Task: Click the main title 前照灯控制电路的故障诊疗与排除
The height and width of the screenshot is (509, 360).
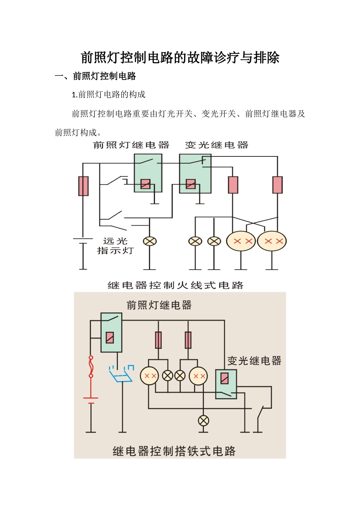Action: pos(180,58)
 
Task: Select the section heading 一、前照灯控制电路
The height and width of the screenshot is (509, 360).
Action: pos(95,76)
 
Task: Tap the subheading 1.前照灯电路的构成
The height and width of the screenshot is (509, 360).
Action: pos(108,94)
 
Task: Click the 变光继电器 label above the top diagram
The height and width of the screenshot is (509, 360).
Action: pos(216,145)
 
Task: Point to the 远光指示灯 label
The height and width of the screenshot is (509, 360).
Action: pos(115,246)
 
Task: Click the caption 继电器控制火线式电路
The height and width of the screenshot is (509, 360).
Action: pos(175,285)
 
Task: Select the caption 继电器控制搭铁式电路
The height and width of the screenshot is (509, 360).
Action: pos(174,451)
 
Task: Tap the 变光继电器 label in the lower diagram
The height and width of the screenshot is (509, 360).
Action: pos(254,361)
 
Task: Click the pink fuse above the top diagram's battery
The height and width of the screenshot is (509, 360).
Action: pos(83,186)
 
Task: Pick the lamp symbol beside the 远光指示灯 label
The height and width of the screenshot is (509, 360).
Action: pos(150,241)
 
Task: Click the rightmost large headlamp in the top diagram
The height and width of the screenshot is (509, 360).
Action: pos(272,241)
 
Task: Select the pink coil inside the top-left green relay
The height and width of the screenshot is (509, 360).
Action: pos(146,184)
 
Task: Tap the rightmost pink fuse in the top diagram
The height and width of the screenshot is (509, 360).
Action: pos(277,185)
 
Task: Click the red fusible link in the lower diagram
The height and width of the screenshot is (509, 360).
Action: pos(91,367)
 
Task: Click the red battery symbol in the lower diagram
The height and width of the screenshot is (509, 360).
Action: pos(91,400)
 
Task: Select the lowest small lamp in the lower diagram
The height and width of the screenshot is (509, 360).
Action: pos(203,421)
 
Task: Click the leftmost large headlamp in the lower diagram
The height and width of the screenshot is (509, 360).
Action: pos(149,376)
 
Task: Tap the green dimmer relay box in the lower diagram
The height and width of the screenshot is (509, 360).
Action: pos(226,384)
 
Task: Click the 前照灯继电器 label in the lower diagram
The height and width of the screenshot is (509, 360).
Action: pos(159,305)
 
